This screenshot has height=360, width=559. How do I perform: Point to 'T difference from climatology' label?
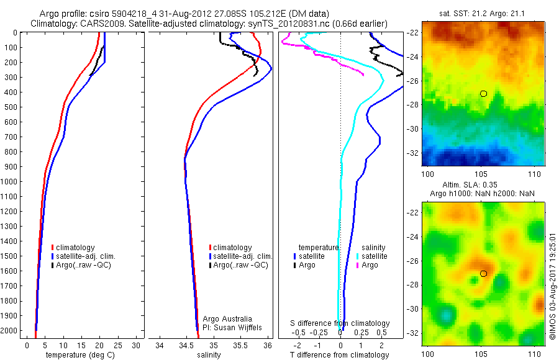[x=339, y=355]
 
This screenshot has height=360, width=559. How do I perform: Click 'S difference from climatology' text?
[x=340, y=323]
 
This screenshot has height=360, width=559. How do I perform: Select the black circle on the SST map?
[x=483, y=94]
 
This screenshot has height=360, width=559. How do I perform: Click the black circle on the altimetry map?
[x=483, y=274]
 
